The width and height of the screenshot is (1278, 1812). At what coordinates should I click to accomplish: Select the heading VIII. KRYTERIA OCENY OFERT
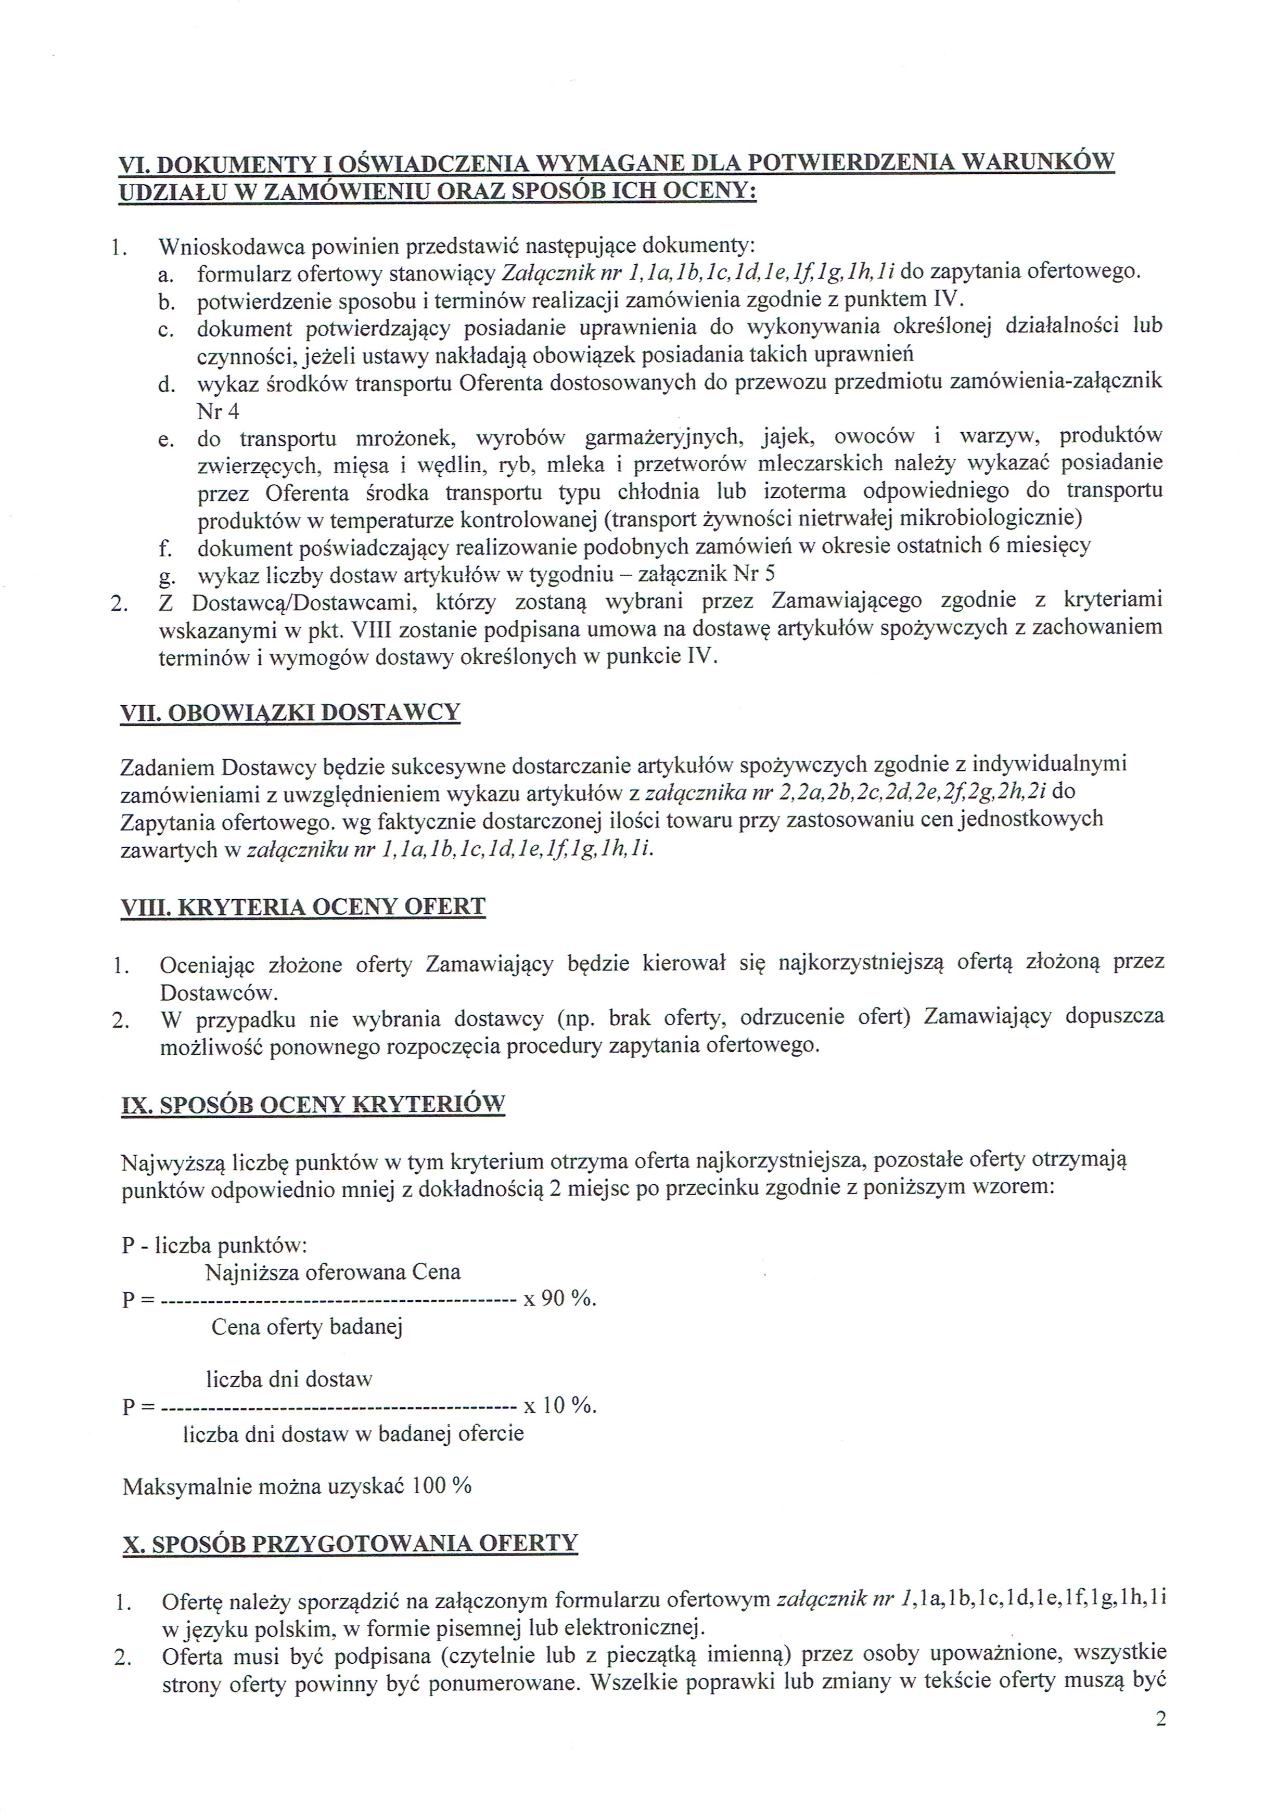coord(302,907)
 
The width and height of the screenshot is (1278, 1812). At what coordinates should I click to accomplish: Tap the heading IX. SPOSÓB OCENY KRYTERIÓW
coord(313,1104)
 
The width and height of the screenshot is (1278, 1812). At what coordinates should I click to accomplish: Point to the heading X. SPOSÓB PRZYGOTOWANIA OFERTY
coord(350,1544)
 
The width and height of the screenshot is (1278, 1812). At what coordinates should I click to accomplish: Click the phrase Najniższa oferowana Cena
coord(333,1272)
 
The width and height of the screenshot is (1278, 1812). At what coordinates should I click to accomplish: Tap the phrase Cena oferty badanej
coord(307,1327)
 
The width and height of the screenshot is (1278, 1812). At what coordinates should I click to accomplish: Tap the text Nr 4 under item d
coord(218,411)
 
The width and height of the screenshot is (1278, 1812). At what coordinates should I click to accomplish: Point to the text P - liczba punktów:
coord(214,1245)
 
